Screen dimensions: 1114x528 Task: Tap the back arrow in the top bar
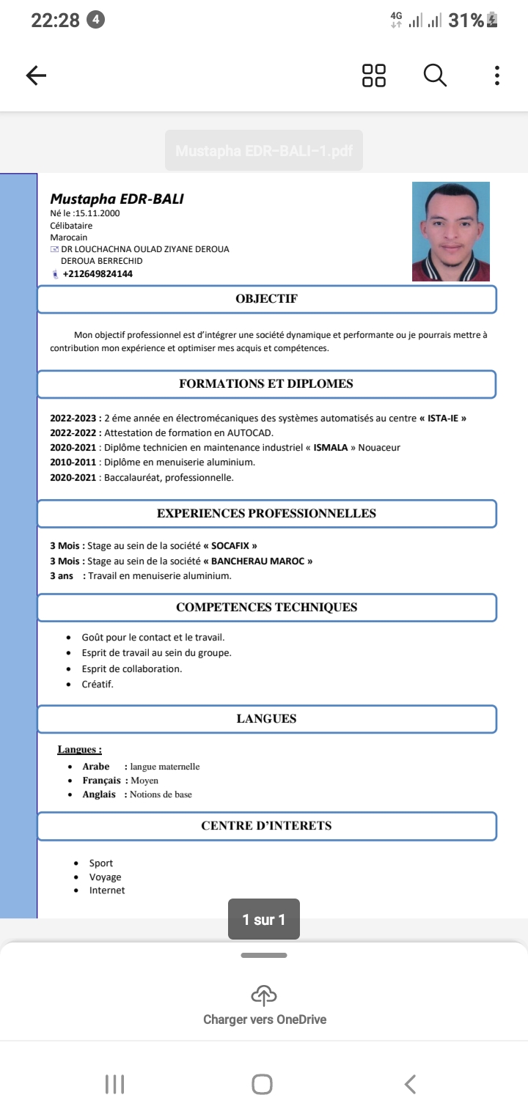point(36,75)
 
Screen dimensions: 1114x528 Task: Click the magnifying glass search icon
point(435,75)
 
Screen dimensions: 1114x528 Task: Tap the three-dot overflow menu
point(497,75)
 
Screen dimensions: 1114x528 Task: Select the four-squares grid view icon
point(374,75)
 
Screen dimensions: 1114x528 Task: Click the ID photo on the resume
point(450,232)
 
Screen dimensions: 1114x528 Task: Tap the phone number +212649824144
point(98,274)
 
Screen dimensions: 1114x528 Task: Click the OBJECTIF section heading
point(266,299)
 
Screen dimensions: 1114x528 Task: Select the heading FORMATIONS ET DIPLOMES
point(266,384)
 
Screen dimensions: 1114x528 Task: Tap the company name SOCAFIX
point(234,546)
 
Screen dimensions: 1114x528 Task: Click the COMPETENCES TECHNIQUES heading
point(266,608)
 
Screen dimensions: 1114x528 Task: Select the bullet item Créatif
point(98,685)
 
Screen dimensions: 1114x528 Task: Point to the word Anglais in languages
point(99,794)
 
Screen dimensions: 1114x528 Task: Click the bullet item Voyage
point(105,877)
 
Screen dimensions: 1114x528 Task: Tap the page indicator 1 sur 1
point(264,919)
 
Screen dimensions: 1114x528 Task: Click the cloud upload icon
point(264,995)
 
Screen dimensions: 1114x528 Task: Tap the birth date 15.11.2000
point(98,213)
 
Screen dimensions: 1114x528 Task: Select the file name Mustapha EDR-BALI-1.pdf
point(264,152)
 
